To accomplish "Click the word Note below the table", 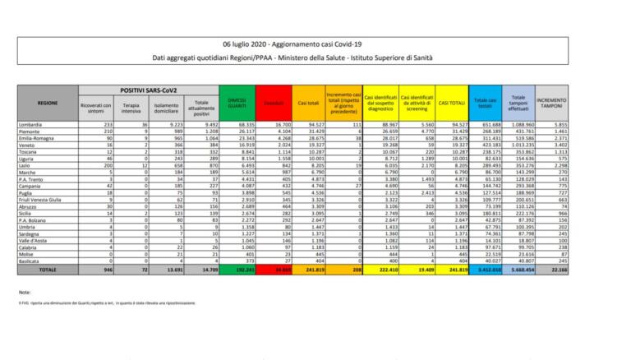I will pos(25,293).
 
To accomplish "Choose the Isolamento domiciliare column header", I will pos(165,107).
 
